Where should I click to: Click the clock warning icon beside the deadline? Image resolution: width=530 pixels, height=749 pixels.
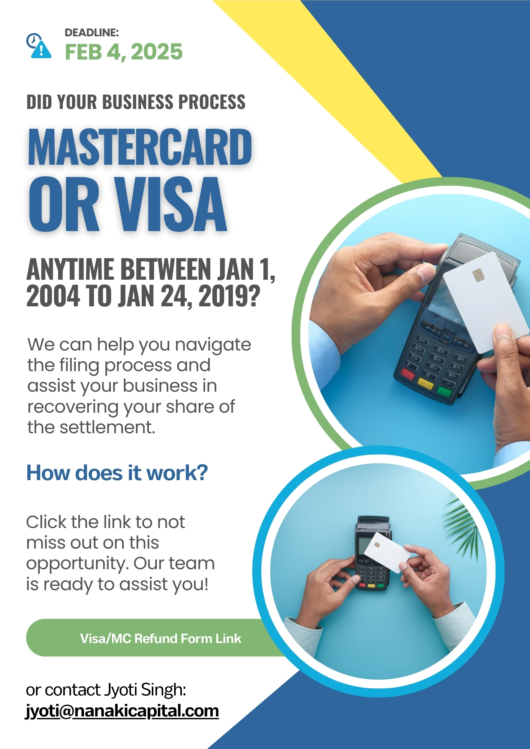39,46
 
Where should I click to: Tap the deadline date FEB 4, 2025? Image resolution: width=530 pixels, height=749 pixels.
124,52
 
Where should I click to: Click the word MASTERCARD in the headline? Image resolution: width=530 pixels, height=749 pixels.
139,147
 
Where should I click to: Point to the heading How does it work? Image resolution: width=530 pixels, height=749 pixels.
117,473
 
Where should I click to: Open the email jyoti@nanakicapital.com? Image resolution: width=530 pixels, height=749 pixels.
122,711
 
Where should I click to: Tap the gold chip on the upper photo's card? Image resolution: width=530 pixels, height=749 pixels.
479,275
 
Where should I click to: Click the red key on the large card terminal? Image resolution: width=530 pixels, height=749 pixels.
408,374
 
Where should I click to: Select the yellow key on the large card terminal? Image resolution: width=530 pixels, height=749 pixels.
425,383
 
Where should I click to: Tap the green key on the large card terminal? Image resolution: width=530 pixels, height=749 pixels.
444,392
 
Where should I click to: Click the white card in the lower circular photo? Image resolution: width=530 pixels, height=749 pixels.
387,553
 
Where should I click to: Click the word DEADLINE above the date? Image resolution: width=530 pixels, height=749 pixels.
92,33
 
